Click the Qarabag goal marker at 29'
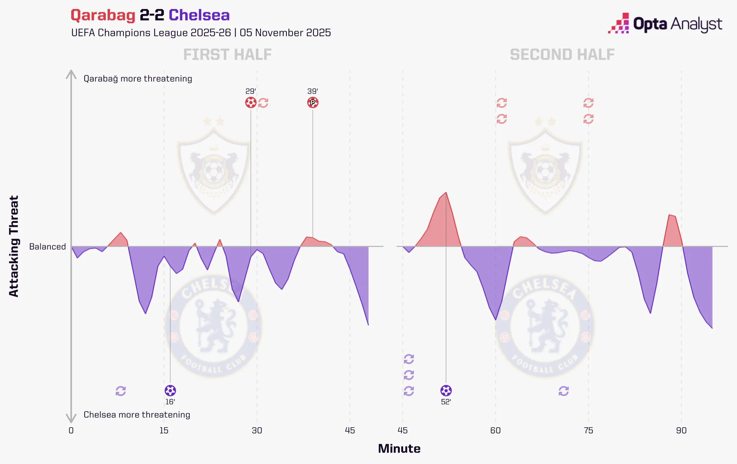click(251, 103)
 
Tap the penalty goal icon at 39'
click(313, 103)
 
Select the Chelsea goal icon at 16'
click(170, 391)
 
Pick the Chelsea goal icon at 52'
click(446, 391)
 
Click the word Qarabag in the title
click(103, 15)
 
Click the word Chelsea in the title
click(199, 15)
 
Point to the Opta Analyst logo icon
click(619, 24)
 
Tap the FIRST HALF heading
click(227, 55)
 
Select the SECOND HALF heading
click(562, 55)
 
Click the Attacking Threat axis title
click(14, 246)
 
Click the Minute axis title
click(399, 449)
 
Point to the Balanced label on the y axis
click(48, 247)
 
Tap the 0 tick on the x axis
click(71, 431)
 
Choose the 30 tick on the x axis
click(257, 431)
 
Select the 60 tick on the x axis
click(496, 431)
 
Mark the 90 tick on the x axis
click(681, 431)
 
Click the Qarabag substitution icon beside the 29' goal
click(263, 103)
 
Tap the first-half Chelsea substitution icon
click(121, 391)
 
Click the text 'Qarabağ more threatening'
click(138, 79)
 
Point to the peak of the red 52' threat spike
click(446, 193)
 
